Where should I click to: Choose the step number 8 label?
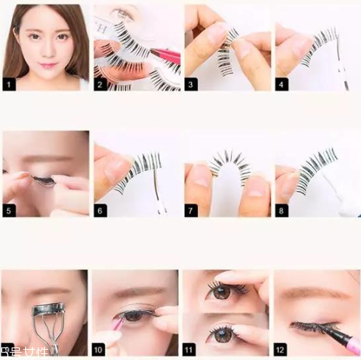tap(282, 211)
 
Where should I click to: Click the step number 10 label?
tap(100, 349)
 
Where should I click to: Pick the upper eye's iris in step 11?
tap(219, 292)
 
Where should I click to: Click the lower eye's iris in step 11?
tap(221, 333)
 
